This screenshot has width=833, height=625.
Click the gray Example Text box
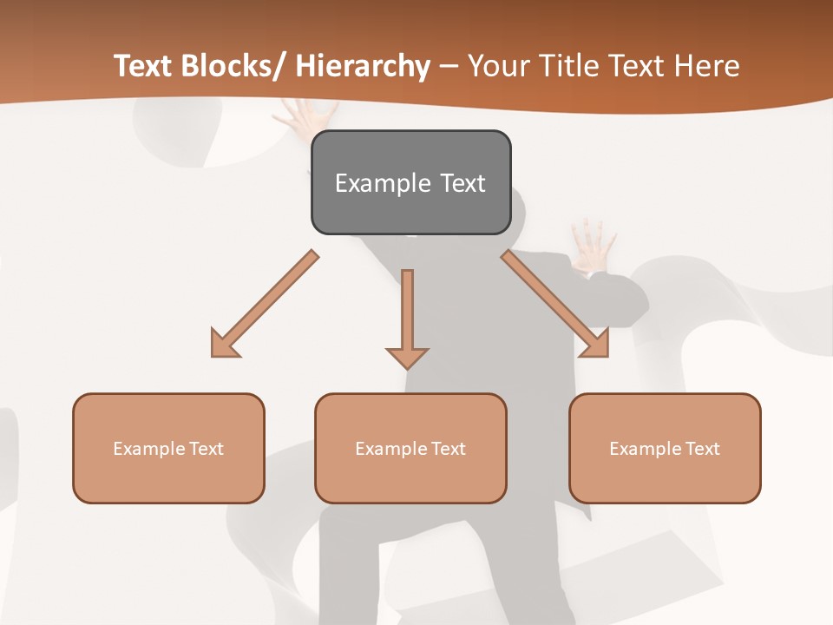[x=410, y=182]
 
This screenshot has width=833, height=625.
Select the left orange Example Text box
[x=168, y=448]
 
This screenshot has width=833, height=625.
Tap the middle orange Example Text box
[x=410, y=448]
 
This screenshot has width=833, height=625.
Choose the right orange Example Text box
[x=665, y=448]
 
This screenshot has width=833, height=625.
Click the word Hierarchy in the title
[x=363, y=66]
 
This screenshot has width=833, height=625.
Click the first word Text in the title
[x=144, y=66]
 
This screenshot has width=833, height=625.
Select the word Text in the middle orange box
[x=448, y=449]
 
